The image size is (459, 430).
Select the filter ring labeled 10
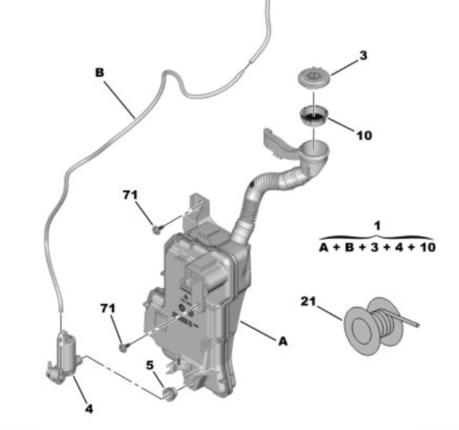click(x=314, y=116)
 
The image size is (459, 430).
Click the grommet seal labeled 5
click(x=170, y=394)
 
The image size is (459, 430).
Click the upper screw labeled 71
click(x=157, y=229)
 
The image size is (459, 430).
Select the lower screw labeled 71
click(x=124, y=347)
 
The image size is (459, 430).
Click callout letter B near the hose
click(x=100, y=72)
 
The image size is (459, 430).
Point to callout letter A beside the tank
click(x=283, y=341)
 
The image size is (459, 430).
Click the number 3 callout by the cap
click(x=363, y=55)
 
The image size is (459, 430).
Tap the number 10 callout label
click(x=364, y=135)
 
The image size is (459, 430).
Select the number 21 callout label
click(x=309, y=302)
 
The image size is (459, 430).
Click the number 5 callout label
click(x=149, y=365)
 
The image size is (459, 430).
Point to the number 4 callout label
click(x=89, y=409)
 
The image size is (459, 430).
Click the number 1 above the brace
click(x=378, y=226)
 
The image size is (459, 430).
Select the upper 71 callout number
click(x=131, y=195)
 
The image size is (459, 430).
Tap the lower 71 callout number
click(x=108, y=308)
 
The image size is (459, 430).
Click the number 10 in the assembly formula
click(x=427, y=248)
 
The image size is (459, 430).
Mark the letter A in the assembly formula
click(x=324, y=248)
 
